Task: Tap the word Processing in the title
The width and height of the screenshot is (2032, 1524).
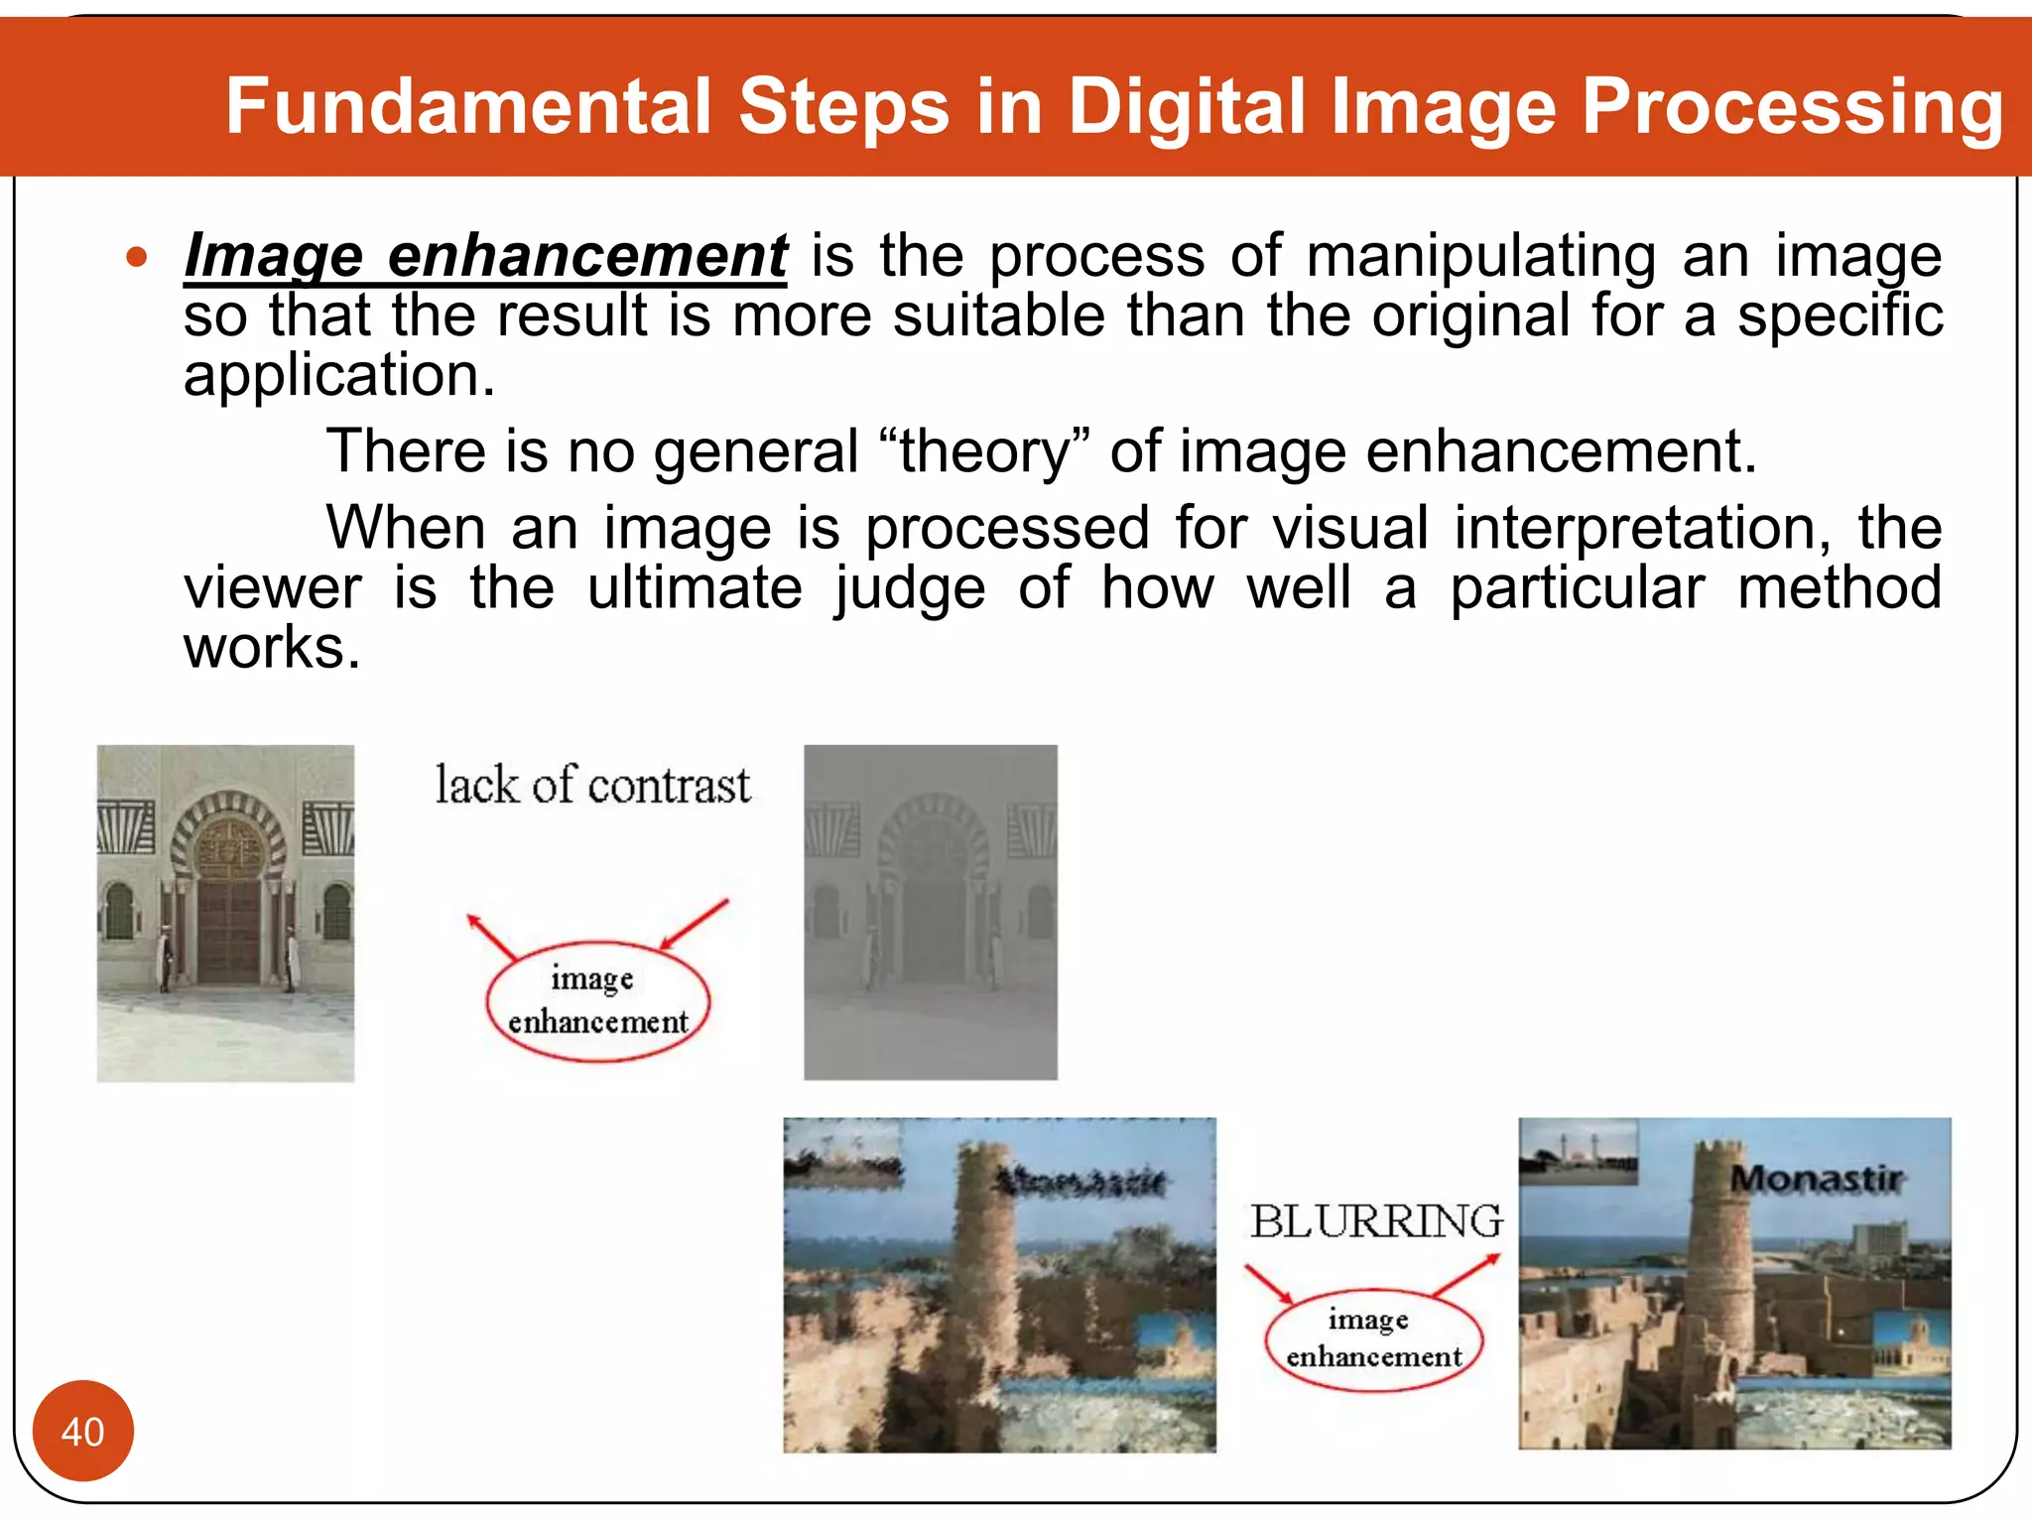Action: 1792,106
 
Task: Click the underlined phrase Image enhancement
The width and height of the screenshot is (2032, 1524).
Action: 485,255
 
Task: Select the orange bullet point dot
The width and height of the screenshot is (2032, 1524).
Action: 137,258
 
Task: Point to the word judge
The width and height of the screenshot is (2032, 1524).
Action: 909,587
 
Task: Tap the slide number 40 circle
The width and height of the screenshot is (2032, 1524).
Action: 82,1431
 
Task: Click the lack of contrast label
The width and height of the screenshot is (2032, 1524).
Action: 592,785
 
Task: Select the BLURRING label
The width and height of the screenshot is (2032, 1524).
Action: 1375,1221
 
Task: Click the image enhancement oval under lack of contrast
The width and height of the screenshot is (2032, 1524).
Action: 597,1001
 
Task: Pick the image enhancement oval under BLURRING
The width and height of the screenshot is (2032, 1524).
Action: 1373,1338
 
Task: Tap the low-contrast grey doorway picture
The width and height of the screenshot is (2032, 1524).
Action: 930,912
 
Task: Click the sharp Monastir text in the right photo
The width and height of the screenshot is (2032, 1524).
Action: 1816,1179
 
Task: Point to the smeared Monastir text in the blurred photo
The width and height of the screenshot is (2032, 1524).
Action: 1081,1181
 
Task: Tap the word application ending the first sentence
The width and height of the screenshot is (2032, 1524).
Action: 338,376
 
